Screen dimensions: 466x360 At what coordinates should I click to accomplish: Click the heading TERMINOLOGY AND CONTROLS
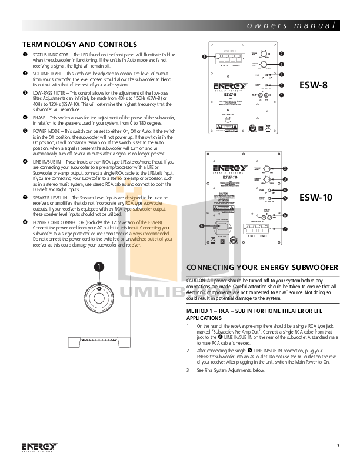(79, 44)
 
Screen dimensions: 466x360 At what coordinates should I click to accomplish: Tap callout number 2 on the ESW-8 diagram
(282, 54)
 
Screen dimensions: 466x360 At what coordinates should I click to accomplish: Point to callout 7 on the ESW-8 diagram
(204, 56)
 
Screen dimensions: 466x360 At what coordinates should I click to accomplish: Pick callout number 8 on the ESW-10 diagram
(202, 225)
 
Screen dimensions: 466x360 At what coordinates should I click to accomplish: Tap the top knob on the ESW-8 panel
(265, 54)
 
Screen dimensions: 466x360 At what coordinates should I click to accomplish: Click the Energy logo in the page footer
(40, 446)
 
